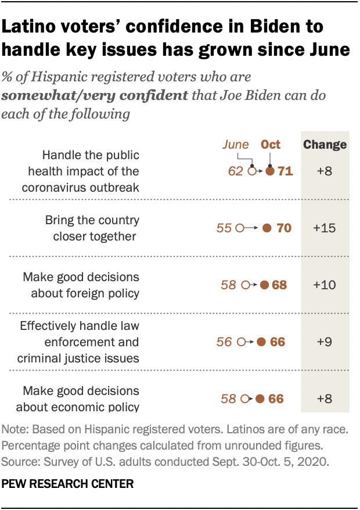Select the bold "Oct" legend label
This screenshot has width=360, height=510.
click(x=271, y=145)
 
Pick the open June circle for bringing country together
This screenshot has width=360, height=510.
click(x=240, y=228)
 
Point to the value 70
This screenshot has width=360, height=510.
click(x=284, y=228)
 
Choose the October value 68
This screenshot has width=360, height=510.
click(x=279, y=285)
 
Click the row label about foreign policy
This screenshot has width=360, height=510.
click(x=81, y=285)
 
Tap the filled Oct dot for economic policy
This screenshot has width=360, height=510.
click(x=260, y=399)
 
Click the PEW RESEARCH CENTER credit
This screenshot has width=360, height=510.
click(x=67, y=483)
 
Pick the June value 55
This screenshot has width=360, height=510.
click(x=224, y=228)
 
